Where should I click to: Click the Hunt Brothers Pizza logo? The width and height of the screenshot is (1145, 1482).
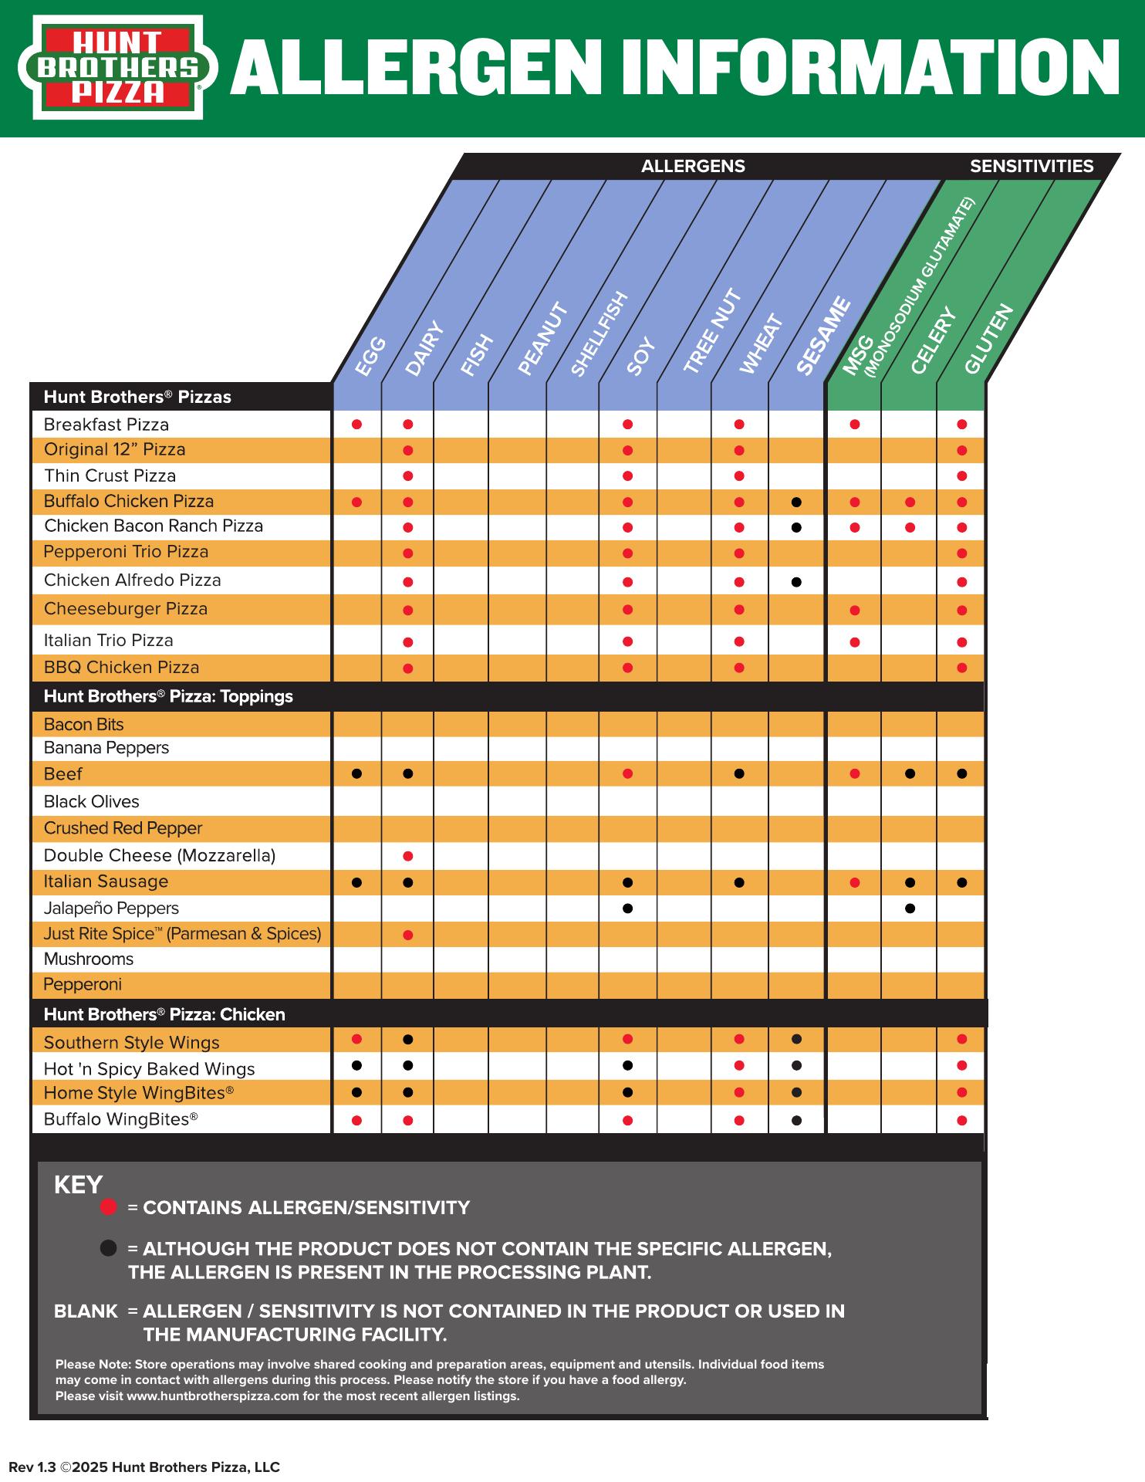click(117, 67)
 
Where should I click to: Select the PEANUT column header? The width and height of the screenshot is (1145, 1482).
click(542, 340)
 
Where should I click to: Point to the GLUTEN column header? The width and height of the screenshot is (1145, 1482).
click(988, 340)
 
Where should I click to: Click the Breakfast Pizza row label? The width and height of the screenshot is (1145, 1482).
click(106, 425)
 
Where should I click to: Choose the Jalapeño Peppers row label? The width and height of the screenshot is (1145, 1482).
click(111, 908)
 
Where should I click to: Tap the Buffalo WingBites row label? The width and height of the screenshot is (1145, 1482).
click(120, 1119)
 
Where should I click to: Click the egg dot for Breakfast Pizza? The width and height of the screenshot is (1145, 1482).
click(356, 425)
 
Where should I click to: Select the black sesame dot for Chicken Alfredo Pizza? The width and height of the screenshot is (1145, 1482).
click(796, 582)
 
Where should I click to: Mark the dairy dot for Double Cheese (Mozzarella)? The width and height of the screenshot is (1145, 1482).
click(408, 856)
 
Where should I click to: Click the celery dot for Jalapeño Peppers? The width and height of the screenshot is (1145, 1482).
click(910, 908)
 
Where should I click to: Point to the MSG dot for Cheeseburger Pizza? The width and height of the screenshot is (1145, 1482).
click(854, 611)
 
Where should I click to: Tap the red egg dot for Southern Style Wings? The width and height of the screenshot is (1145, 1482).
click(356, 1040)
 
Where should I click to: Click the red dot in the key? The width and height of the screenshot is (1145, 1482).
click(109, 1207)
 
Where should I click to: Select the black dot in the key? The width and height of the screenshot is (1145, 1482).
click(109, 1248)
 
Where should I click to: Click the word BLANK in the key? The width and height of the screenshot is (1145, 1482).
click(86, 1311)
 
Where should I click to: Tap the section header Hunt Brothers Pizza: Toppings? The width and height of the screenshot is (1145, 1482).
click(168, 696)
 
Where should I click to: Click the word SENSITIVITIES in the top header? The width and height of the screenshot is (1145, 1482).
click(1032, 166)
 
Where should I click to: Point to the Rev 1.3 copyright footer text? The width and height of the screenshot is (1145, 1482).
click(144, 1467)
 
